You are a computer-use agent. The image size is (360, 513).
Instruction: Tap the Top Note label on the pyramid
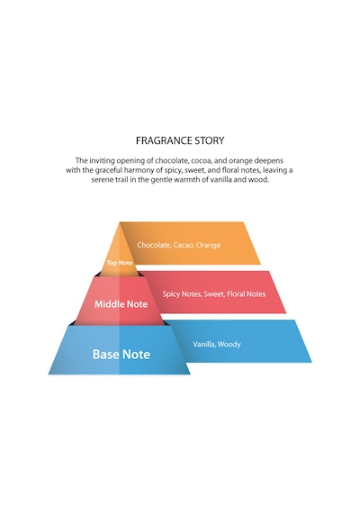click(x=120, y=263)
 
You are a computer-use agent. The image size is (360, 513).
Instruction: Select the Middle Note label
click(x=121, y=304)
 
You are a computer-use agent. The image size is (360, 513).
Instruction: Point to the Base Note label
click(x=121, y=355)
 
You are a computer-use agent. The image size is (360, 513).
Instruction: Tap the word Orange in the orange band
click(x=208, y=245)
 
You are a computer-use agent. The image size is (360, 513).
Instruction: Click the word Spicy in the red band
click(x=171, y=294)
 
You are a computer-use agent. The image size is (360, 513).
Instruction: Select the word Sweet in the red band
click(x=214, y=293)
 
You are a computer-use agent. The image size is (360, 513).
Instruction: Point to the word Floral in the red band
click(x=236, y=293)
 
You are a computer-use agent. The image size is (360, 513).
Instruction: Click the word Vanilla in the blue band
click(x=204, y=344)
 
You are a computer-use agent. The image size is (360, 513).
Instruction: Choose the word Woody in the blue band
click(x=229, y=345)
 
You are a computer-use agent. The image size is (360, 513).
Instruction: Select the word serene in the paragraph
click(x=102, y=180)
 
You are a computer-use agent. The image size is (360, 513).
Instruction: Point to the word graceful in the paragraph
click(x=108, y=170)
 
